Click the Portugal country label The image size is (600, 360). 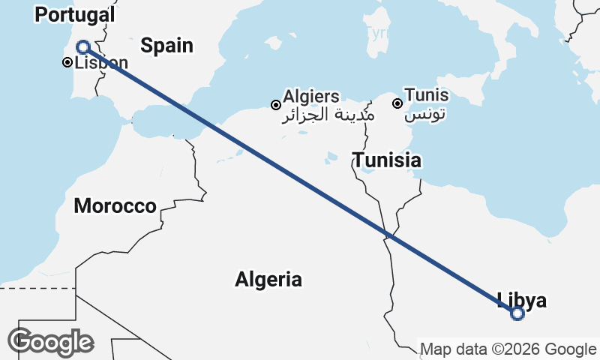tap(75, 14)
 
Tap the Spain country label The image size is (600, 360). tap(166, 45)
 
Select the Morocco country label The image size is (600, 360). tap(115, 205)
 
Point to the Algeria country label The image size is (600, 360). tap(268, 280)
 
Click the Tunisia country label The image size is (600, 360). tap(387, 160)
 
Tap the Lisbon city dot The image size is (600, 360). tap(66, 62)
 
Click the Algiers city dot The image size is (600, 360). tap(276, 104)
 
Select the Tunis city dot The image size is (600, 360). tap(397, 102)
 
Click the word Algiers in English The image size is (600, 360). tap(311, 97)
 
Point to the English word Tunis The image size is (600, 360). tap(427, 95)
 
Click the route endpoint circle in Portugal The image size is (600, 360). tap(83, 46)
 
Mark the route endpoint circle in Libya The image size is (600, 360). tap(517, 313)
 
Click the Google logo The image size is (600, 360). tap(50, 342)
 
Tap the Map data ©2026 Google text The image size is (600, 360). tap(508, 349)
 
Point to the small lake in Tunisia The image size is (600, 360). tap(367, 169)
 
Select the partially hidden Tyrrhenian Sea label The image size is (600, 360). tap(377, 33)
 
